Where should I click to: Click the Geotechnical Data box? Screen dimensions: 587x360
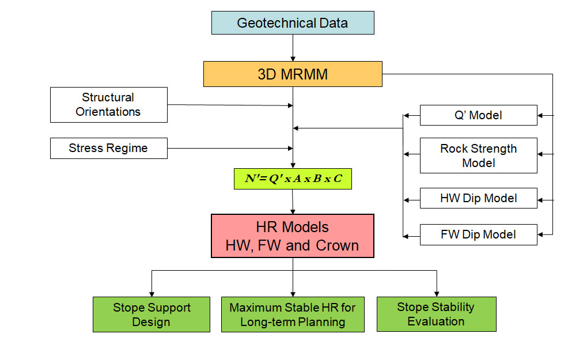click(293, 23)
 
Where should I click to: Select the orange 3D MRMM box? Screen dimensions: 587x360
click(293, 74)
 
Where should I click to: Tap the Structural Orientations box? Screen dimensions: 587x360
click(108, 105)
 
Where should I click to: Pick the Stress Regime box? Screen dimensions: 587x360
click(108, 148)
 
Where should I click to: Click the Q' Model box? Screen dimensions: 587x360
click(479, 115)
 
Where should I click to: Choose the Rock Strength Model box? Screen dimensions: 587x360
click(479, 156)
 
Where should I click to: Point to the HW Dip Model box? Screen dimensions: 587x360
click(479, 198)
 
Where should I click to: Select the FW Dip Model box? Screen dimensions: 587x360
click(479, 234)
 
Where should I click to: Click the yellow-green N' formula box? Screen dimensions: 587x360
click(293, 179)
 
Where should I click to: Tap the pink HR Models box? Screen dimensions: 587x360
click(293, 236)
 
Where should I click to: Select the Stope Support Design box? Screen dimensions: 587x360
click(152, 314)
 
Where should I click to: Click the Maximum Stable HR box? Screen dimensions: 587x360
click(293, 314)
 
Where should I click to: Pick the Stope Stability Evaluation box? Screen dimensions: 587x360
click(437, 314)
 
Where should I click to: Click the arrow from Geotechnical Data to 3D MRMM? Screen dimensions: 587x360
click(293, 48)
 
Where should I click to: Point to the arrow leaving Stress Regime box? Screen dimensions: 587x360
click(230, 148)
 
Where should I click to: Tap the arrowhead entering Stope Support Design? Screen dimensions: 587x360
click(152, 294)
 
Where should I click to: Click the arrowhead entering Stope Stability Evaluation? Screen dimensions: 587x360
click(437, 294)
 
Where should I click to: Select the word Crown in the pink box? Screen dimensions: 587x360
click(337, 245)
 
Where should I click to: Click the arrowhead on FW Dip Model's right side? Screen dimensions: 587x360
click(540, 234)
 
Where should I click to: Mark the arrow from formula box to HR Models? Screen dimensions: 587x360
click(293, 202)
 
